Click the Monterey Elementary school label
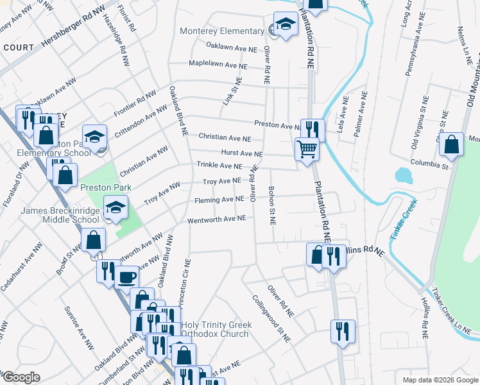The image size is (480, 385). point(222,31)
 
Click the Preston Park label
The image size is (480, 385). point(105,187)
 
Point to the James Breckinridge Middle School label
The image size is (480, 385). point(60,215)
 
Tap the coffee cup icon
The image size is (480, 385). point(126,277)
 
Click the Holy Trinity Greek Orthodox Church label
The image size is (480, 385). point(216,329)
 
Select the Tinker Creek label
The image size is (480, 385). point(404,218)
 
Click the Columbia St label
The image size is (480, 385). point(429,164)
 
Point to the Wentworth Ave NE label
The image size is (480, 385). point(217,219)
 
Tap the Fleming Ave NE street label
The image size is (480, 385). point(219,200)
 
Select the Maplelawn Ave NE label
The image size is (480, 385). point(218,65)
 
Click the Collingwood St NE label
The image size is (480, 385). point(271,318)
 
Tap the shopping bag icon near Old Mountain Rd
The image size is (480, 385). point(452,146)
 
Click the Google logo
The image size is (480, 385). point(21,377)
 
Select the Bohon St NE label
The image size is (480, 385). point(271,205)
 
